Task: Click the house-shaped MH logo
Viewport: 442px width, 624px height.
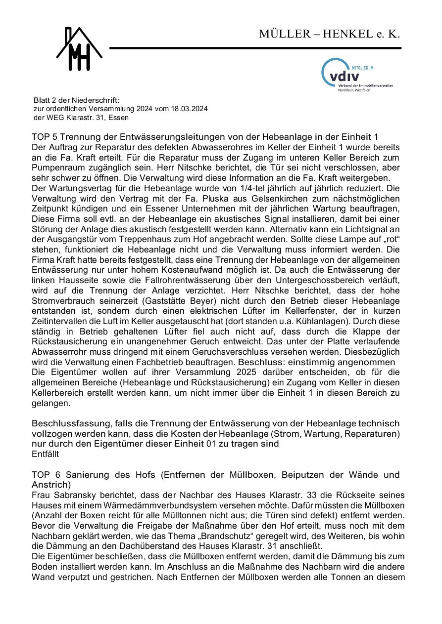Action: tap(79, 49)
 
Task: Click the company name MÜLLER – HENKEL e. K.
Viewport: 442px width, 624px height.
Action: tap(329, 34)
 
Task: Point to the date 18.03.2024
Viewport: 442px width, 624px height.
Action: tap(190, 109)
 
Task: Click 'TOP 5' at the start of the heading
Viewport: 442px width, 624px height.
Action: tap(44, 136)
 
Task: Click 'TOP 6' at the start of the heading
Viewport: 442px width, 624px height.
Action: tap(44, 475)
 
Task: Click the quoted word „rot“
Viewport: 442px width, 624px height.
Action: tap(388, 240)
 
